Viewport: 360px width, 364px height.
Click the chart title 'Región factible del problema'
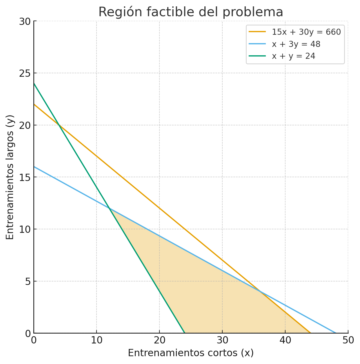(191, 12)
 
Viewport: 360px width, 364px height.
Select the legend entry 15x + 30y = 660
(306, 32)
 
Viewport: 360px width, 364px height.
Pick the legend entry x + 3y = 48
(296, 44)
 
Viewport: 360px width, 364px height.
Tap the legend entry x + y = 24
(293, 56)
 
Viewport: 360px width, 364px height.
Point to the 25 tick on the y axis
(34, 73)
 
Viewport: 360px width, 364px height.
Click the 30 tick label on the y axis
(25, 21)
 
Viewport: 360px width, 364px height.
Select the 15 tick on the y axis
(34, 177)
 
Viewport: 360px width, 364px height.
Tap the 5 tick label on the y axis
(28, 281)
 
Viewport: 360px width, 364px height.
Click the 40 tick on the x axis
(285, 333)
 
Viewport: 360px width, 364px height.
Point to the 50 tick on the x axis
(348, 333)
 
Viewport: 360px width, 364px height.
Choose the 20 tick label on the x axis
(159, 341)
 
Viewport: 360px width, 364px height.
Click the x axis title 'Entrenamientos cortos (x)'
(191, 353)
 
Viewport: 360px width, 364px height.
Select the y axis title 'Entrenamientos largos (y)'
(10, 177)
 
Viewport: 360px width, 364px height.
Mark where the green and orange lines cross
(59, 125)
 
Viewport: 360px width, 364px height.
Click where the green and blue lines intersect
(109, 208)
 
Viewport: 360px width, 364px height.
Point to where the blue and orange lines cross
(260, 292)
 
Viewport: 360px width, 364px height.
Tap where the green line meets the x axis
(185, 333)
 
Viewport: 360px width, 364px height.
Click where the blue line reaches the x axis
(336, 333)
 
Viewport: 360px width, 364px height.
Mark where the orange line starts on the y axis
(34, 104)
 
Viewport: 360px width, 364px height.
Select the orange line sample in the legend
(257, 32)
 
